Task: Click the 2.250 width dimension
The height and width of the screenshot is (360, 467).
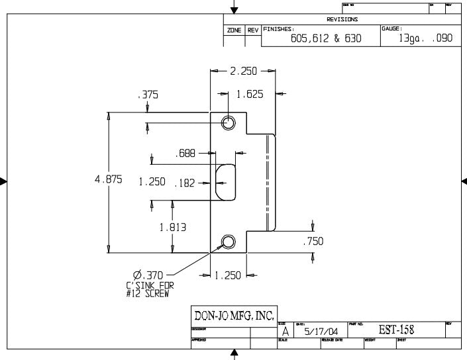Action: click(x=243, y=71)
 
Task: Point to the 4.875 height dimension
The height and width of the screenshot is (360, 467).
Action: click(x=108, y=181)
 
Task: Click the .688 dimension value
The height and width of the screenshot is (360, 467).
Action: click(x=185, y=154)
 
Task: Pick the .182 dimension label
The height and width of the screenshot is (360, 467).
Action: click(x=184, y=183)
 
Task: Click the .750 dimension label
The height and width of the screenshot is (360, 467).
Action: click(x=313, y=242)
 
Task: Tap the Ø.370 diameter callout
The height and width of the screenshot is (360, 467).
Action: click(x=148, y=274)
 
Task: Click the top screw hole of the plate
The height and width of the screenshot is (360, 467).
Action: click(x=228, y=123)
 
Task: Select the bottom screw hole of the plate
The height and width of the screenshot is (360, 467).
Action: click(x=228, y=242)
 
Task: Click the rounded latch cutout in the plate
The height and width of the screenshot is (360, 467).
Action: click(x=226, y=181)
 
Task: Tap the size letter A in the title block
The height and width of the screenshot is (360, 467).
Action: click(x=285, y=331)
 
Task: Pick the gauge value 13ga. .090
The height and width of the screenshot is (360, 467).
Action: click(x=421, y=38)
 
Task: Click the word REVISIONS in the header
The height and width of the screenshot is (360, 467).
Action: click(x=342, y=20)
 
